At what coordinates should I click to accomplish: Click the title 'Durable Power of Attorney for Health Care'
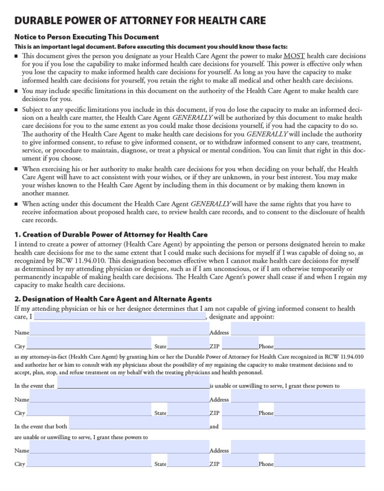(x=140, y=21)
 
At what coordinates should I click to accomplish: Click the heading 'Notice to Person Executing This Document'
(x=86, y=37)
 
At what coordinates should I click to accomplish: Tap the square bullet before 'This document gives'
(x=16, y=56)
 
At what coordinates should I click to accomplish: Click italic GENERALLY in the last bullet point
(x=210, y=204)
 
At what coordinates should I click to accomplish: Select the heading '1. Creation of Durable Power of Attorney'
(x=110, y=234)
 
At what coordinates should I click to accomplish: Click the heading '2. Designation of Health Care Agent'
(x=113, y=299)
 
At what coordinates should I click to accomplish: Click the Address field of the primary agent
(x=298, y=329)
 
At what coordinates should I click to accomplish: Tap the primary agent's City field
(x=88, y=343)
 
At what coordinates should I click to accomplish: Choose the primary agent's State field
(x=188, y=343)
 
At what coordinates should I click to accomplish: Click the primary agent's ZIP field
(x=239, y=343)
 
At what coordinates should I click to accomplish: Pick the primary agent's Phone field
(x=319, y=343)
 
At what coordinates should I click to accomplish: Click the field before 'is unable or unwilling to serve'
(x=133, y=383)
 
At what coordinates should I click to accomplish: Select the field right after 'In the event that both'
(x=139, y=424)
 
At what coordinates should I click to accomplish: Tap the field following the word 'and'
(x=293, y=424)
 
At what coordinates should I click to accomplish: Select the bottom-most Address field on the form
(x=298, y=447)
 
